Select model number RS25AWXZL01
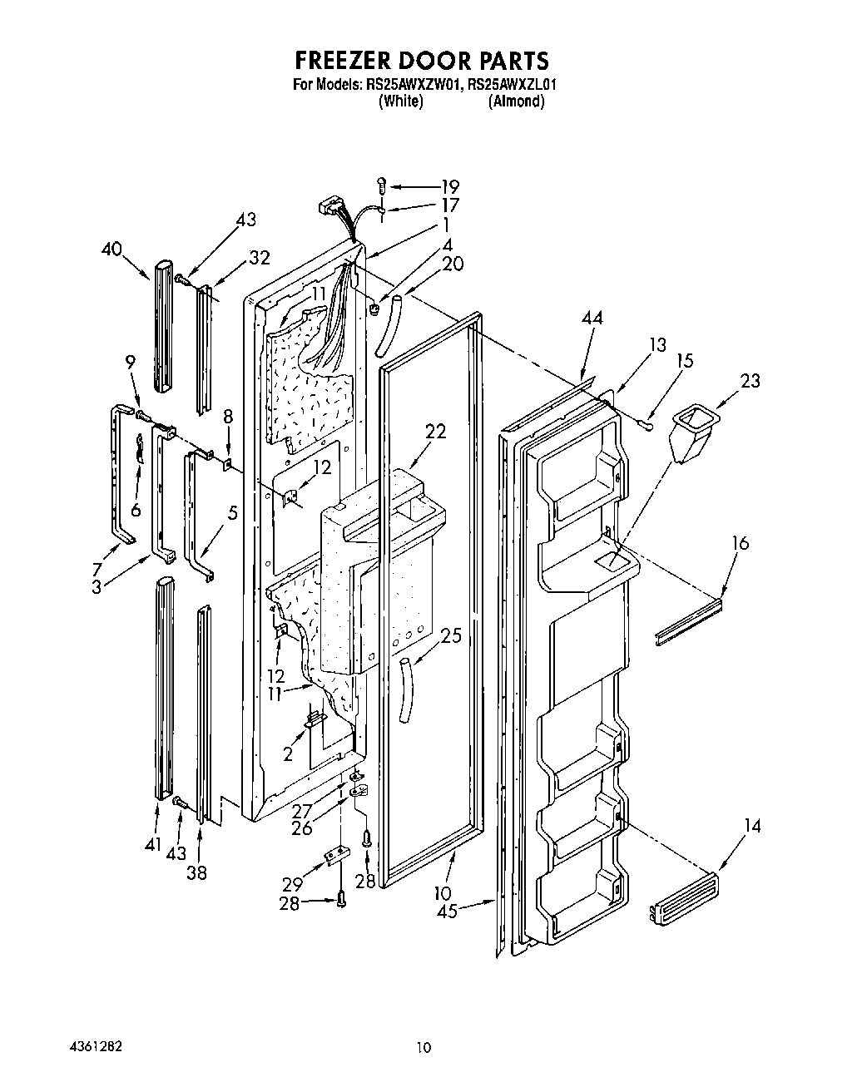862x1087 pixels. pyautogui.click(x=512, y=84)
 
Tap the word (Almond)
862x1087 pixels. pyautogui.click(x=516, y=101)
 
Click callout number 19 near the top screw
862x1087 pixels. pyautogui.click(x=449, y=186)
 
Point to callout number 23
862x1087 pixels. pyautogui.click(x=751, y=382)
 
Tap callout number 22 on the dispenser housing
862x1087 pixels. pyautogui.click(x=435, y=432)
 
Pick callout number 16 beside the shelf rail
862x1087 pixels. pyautogui.click(x=740, y=543)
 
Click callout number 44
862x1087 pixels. pyautogui.click(x=593, y=318)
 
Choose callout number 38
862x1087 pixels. pyautogui.click(x=197, y=873)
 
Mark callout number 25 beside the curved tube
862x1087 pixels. pyautogui.click(x=450, y=636)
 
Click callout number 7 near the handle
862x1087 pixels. pyautogui.click(x=97, y=570)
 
